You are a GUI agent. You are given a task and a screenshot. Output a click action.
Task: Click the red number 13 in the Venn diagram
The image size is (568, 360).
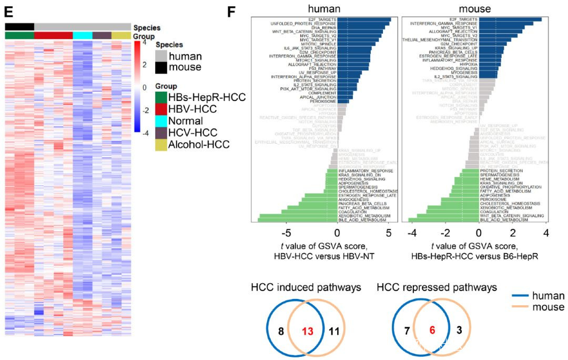pos(307,332)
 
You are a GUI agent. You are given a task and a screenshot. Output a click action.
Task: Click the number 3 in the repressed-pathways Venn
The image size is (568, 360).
pos(460,331)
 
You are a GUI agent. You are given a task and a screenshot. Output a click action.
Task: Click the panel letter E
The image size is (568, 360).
pos(7,9)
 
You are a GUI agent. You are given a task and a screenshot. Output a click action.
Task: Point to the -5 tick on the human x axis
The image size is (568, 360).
pos(286,233)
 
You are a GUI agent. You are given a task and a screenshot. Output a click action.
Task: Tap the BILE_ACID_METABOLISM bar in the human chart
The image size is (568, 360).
pos(295,220)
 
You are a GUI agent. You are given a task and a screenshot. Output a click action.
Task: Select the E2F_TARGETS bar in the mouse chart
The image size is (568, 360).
pos(510,19)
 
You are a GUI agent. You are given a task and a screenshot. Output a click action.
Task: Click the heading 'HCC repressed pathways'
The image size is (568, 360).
pos(437,288)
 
